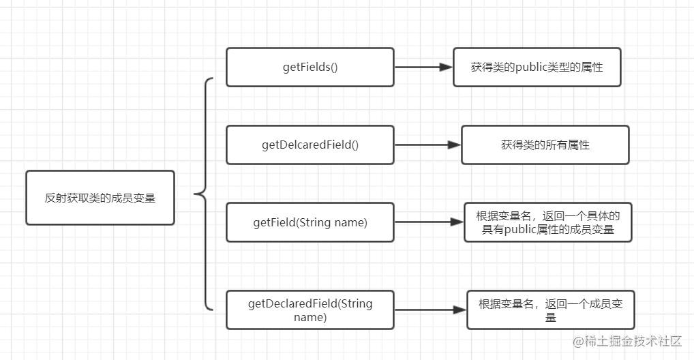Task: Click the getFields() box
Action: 310,67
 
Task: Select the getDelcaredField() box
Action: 310,145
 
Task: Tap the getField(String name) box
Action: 310,222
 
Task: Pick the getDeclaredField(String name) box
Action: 310,310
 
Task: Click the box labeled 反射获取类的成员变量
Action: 100,198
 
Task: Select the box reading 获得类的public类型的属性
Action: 537,67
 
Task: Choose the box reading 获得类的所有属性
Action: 545,145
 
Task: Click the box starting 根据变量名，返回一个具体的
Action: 548,222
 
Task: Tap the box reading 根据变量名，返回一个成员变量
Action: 551,310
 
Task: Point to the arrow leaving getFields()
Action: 423,67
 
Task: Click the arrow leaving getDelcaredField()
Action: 427,145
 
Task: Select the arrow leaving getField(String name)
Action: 429,222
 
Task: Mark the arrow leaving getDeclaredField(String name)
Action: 430,310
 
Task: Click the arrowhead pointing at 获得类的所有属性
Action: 455,145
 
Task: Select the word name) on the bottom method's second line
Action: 310,318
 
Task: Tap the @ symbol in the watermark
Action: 578,342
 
